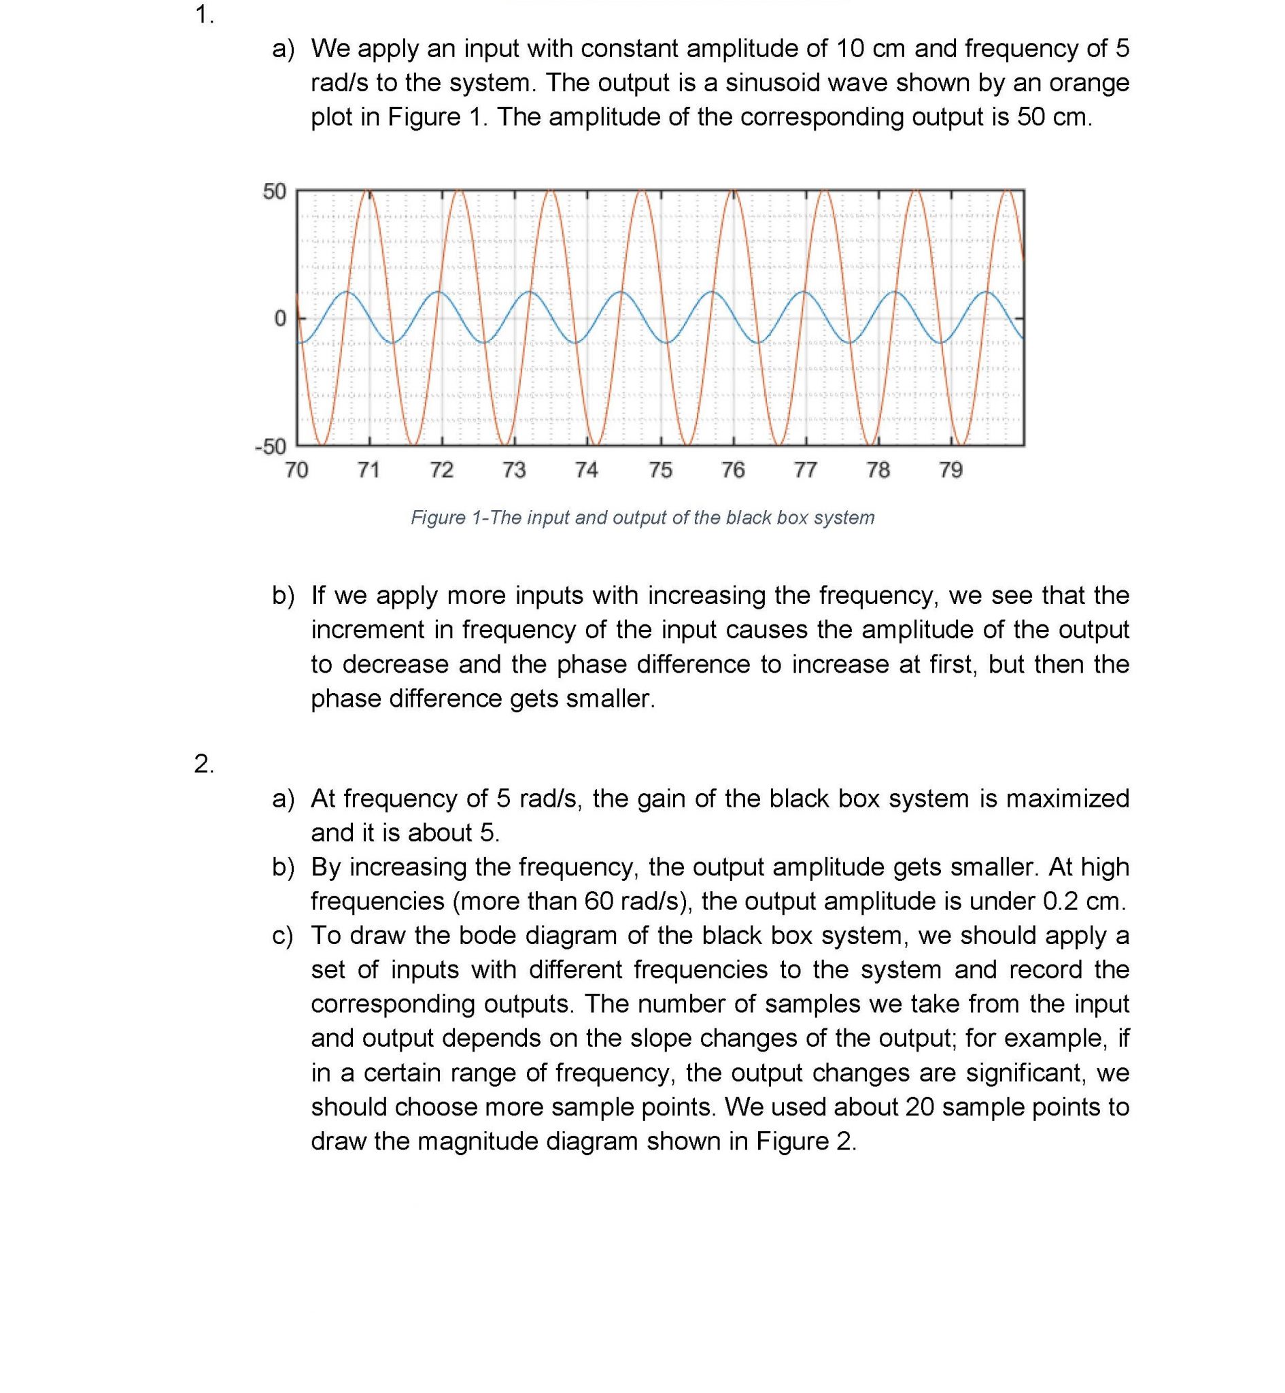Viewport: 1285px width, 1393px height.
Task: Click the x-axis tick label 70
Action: tap(296, 470)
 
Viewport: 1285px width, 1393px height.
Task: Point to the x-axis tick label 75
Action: tap(661, 470)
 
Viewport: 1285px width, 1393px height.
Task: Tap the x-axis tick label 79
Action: tap(950, 470)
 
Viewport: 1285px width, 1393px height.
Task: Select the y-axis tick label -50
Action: tap(271, 446)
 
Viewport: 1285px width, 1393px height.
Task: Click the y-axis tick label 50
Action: tap(274, 191)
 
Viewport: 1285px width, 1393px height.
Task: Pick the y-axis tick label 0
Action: tap(279, 318)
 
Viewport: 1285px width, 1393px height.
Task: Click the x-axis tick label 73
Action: tap(514, 470)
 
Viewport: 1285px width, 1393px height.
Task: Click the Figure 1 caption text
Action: tap(642, 518)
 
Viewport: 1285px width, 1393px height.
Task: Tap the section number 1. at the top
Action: tap(205, 14)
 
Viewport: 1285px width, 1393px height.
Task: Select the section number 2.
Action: tap(205, 764)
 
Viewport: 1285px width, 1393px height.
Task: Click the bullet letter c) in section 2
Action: tap(282, 935)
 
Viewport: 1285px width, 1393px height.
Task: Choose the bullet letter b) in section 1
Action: tap(283, 595)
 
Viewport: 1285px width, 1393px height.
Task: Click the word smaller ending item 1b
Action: tap(609, 699)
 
